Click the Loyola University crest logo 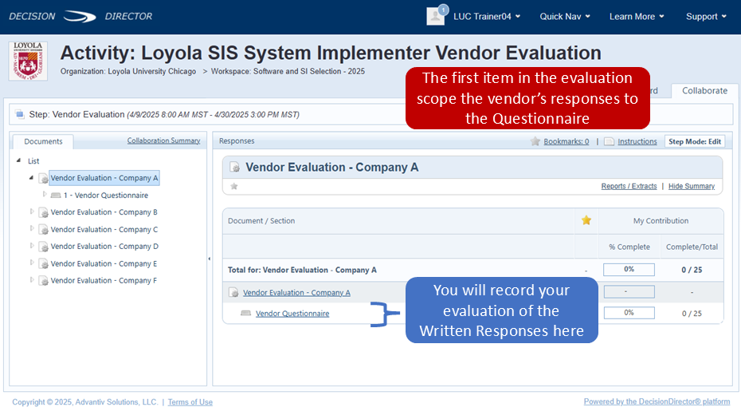click(28, 61)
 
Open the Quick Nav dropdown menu click(565, 17)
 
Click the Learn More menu click(637, 17)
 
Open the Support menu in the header click(706, 17)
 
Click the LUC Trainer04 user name click(482, 17)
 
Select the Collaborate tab click(704, 91)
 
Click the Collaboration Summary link click(163, 140)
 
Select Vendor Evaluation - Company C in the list click(104, 230)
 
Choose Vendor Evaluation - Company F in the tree click(104, 281)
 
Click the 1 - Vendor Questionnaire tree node click(106, 196)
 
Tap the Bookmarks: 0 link click(567, 141)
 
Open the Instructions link click(637, 141)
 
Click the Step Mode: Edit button click(695, 141)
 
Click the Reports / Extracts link click(629, 187)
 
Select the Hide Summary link click(692, 187)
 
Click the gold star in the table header click(586, 220)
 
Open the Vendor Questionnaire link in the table click(292, 314)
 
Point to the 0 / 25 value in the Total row click(692, 270)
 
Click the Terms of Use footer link click(190, 402)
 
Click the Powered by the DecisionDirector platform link click(657, 401)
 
